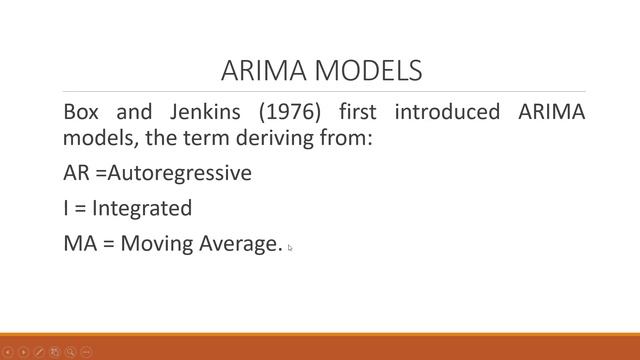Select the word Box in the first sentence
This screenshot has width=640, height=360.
81,112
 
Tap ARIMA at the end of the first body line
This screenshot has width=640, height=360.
552,112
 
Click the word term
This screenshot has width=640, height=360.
204,137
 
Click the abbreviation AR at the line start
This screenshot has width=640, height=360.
76,173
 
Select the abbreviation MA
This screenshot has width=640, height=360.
79,243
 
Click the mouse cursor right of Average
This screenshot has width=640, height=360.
291,248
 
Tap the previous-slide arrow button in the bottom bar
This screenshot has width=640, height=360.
8,352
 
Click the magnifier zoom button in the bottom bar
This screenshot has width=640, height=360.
71,352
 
